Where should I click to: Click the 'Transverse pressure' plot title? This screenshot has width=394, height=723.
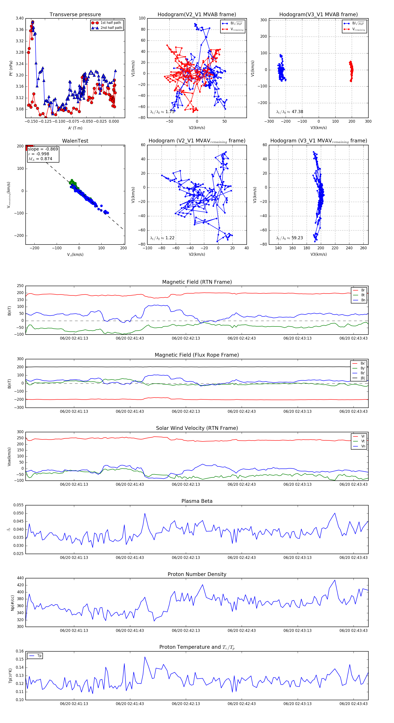pos(75,15)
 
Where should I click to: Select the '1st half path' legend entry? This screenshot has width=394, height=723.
pos(111,23)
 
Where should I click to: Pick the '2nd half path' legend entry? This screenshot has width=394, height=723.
pos(111,28)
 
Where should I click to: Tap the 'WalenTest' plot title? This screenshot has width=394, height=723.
pos(75,141)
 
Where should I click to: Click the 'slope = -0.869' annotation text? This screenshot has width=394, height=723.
pos(43,149)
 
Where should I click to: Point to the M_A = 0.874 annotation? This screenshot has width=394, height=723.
pos(40,159)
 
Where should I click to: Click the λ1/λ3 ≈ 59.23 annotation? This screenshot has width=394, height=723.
pos(289,238)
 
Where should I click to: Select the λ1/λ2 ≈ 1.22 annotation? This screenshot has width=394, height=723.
pos(162,238)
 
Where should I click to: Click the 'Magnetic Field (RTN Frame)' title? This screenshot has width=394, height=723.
pos(197,282)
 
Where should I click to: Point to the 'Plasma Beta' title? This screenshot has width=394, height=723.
pos(197,501)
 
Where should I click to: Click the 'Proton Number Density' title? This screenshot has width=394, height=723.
pos(197,574)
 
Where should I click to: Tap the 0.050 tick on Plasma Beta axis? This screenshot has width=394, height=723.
pos(19,513)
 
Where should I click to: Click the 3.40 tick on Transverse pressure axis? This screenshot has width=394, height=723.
pos(20,18)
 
